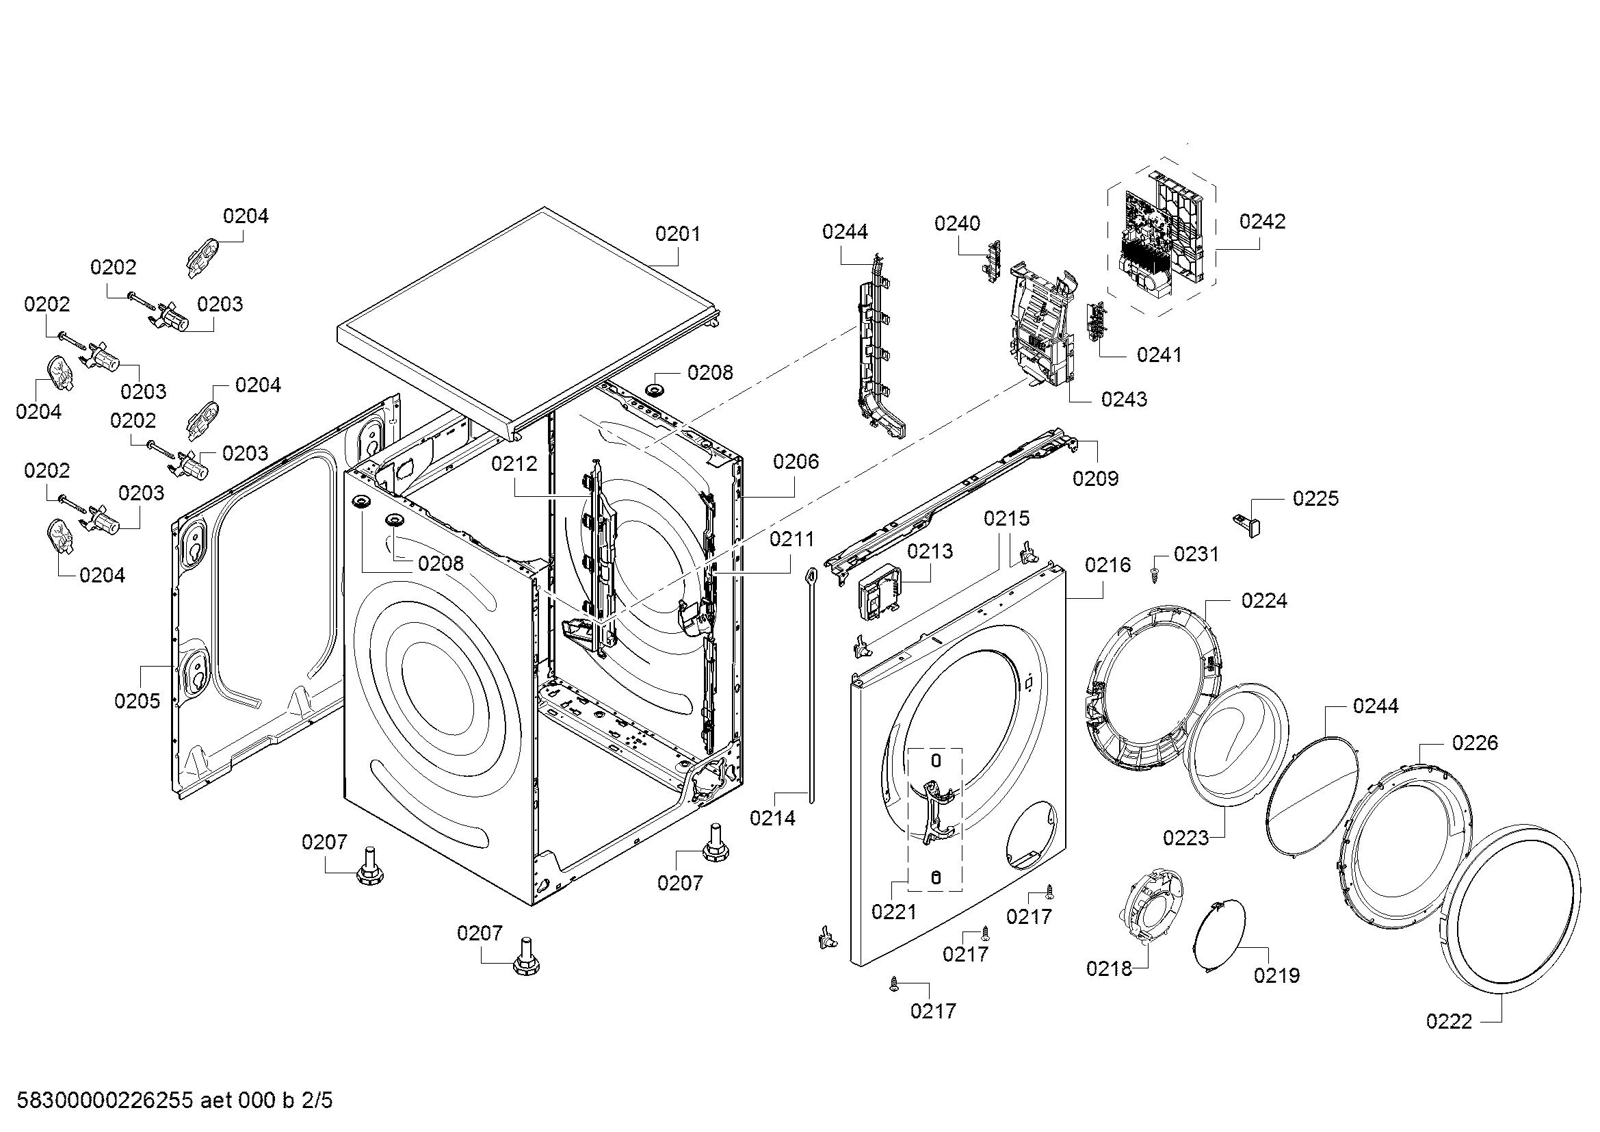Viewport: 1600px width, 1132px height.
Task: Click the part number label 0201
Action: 677,233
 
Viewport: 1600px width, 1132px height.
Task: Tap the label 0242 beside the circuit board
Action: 1262,221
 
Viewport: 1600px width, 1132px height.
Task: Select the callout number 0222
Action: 1449,1021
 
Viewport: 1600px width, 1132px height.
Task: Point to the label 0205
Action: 137,701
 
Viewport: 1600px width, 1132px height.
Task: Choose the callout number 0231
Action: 1196,554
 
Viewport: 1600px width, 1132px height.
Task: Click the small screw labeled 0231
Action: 1154,576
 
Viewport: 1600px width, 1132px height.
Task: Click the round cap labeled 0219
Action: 1221,935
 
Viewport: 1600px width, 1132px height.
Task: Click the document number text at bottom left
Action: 174,1101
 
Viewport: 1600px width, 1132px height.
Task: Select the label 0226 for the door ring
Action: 1475,743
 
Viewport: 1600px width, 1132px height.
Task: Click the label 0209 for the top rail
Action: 1094,478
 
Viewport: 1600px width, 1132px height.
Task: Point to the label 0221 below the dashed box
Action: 894,911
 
